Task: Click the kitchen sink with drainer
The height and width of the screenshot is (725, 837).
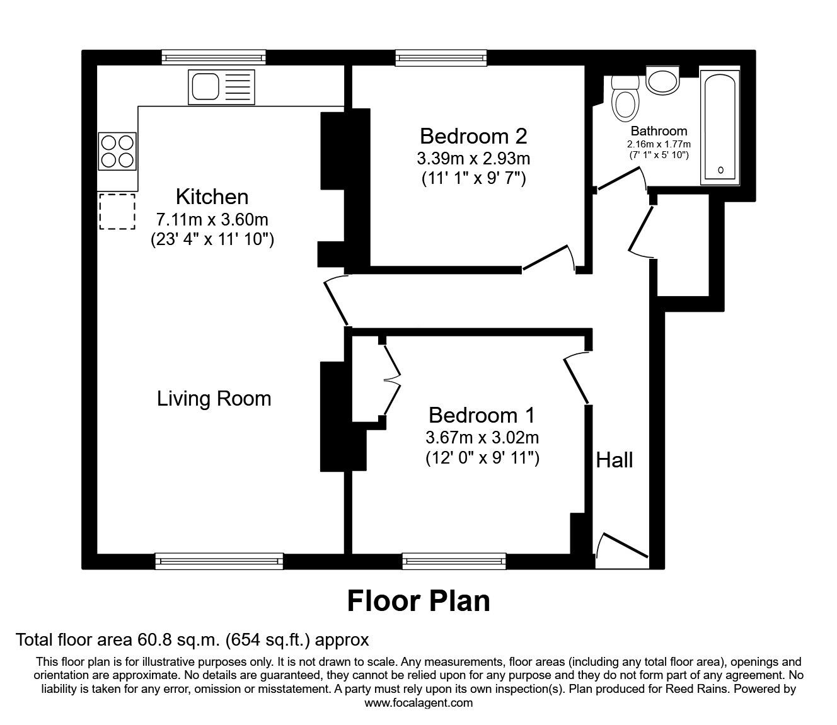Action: [x=221, y=87]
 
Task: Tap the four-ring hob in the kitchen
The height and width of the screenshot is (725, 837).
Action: [x=117, y=151]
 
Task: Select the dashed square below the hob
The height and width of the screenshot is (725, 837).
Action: [x=117, y=211]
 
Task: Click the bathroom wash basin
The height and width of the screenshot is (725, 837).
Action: [x=662, y=81]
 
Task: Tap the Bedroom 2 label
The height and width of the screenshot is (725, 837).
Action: [x=473, y=136]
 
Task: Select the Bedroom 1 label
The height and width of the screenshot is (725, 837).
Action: [x=482, y=415]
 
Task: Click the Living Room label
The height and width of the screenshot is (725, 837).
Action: [x=214, y=399]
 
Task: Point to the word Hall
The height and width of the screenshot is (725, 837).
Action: [x=615, y=460]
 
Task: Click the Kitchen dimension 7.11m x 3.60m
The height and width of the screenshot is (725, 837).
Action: [x=212, y=220]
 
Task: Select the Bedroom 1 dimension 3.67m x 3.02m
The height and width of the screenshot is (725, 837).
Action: [x=482, y=437]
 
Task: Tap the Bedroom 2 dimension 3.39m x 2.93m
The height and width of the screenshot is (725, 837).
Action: [x=473, y=157]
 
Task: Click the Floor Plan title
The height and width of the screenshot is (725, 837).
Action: [x=418, y=601]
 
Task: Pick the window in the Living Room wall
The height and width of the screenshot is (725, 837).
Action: [x=219, y=561]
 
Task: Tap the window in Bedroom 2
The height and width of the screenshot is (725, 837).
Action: [x=441, y=58]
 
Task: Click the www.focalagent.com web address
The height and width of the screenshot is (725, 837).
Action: [x=418, y=703]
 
